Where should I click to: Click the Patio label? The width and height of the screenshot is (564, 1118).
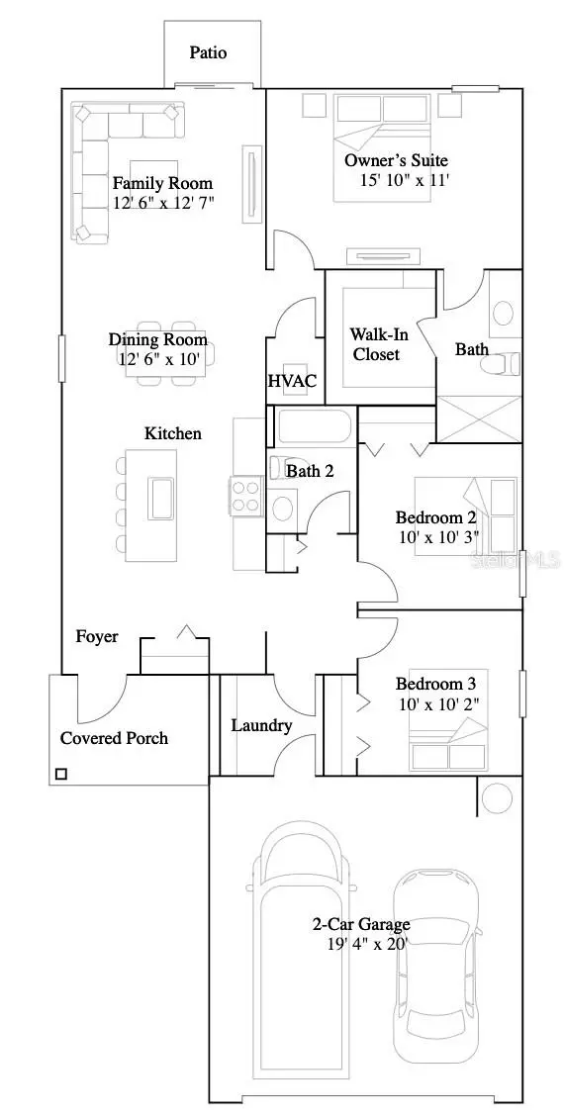point(208,52)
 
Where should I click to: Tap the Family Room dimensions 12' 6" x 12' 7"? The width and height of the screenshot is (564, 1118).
point(163,203)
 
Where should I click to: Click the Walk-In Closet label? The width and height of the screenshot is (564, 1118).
point(376,343)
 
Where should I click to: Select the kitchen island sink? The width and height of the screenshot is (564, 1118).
point(159,497)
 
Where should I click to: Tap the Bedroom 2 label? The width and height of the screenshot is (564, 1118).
point(436,517)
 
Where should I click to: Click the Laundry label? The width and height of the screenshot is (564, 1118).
point(261,726)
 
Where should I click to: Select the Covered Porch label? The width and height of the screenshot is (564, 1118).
point(114,738)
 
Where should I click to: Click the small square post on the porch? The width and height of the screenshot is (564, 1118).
point(61,774)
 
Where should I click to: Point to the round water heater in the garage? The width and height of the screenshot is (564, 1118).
point(497,795)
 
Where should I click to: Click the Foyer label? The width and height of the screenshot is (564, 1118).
point(97,637)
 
